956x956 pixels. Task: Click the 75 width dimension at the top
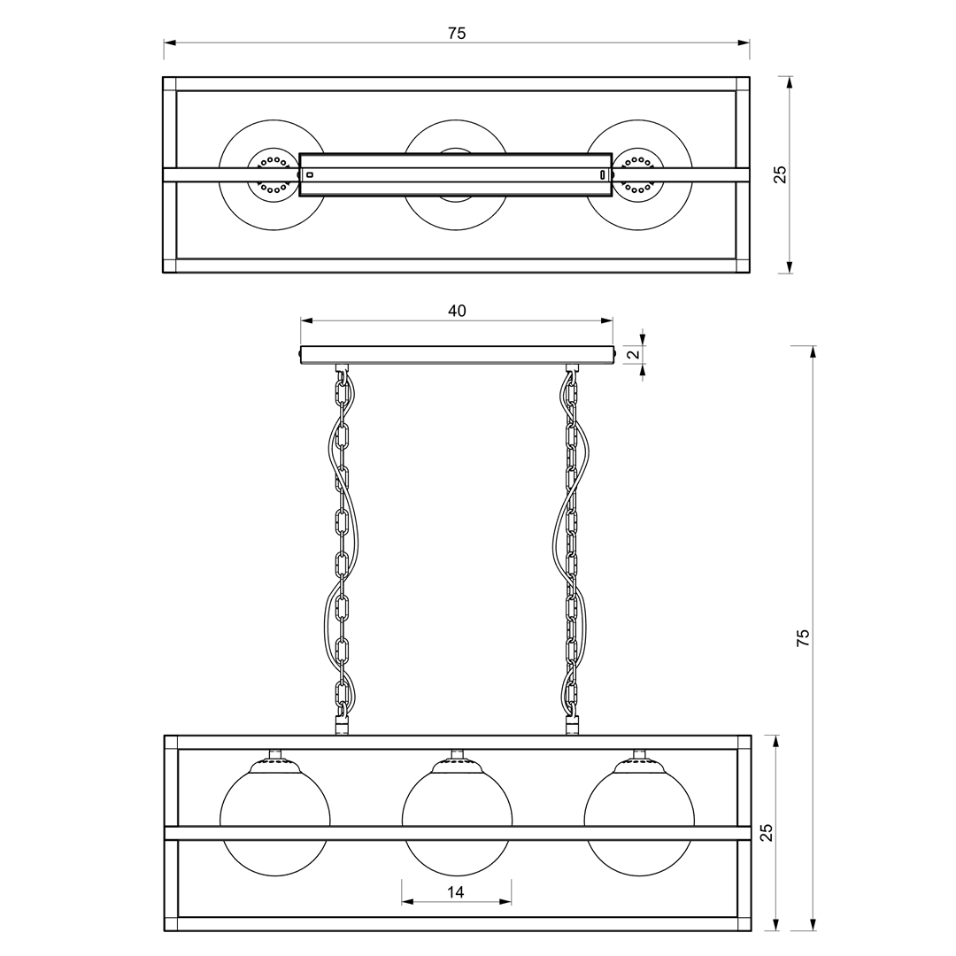457,34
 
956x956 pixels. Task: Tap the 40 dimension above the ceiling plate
458,311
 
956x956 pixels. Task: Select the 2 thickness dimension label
633,354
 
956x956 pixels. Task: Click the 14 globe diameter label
456,892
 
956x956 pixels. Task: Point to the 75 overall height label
804,637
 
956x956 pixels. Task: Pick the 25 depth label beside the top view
781,175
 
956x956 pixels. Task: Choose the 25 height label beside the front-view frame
766,832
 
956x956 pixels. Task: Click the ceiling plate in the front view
458,355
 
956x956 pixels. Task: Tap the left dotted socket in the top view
274,175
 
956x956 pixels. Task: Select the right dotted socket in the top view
637,175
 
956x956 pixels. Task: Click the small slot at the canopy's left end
310,175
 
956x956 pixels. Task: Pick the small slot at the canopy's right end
603,175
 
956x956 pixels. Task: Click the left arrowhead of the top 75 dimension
170,42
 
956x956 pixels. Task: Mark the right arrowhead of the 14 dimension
505,902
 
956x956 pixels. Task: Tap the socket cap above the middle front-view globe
458,763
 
